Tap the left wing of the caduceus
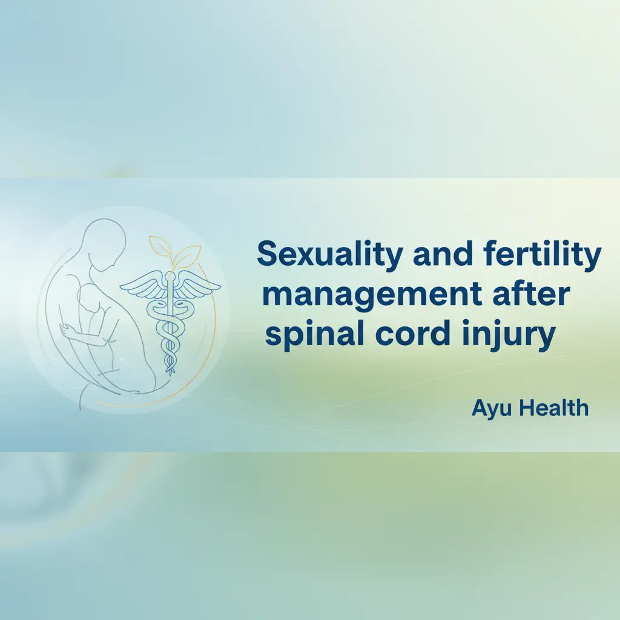tap(144, 285)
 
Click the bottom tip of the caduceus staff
tap(170, 371)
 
